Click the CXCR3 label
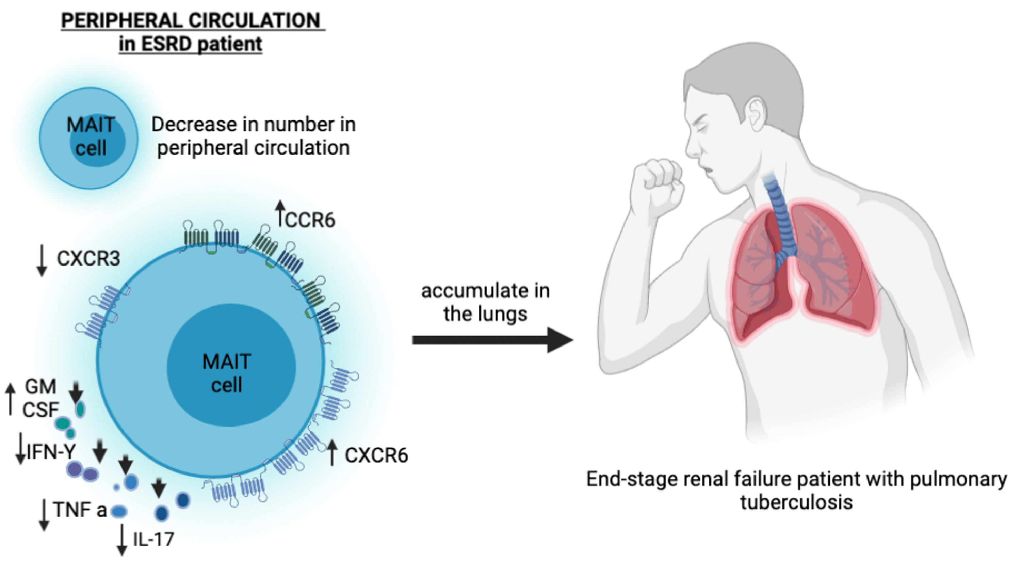coord(88,258)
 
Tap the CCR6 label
coord(310,220)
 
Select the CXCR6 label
coord(376,455)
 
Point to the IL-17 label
coord(153,540)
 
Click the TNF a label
coord(80,510)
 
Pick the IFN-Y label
coord(51,452)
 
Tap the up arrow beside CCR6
coord(280,213)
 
